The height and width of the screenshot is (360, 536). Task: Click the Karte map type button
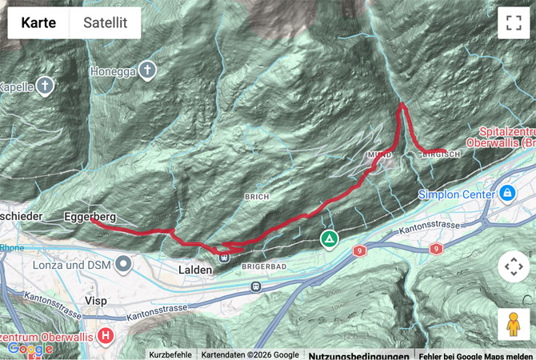pyautogui.click(x=38, y=23)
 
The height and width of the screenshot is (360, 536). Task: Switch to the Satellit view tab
pyautogui.click(x=105, y=23)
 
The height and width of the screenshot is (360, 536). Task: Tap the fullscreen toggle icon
pyautogui.click(x=513, y=23)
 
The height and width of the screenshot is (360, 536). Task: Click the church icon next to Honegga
pyautogui.click(x=147, y=70)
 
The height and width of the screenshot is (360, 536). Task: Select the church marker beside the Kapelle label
pyautogui.click(x=46, y=86)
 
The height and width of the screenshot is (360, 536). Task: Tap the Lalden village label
pyautogui.click(x=194, y=270)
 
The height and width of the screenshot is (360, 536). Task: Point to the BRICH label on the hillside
pyautogui.click(x=257, y=196)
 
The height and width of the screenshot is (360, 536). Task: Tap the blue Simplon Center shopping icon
pyautogui.click(x=506, y=194)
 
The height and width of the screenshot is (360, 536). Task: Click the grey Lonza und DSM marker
pyautogui.click(x=123, y=263)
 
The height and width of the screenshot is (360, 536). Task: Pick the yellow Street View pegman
pyautogui.click(x=513, y=324)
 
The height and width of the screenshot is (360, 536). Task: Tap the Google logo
pyautogui.click(x=30, y=349)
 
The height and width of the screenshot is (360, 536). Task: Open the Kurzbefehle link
pyautogui.click(x=170, y=354)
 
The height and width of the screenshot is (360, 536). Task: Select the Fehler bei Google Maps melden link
pyautogui.click(x=475, y=354)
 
